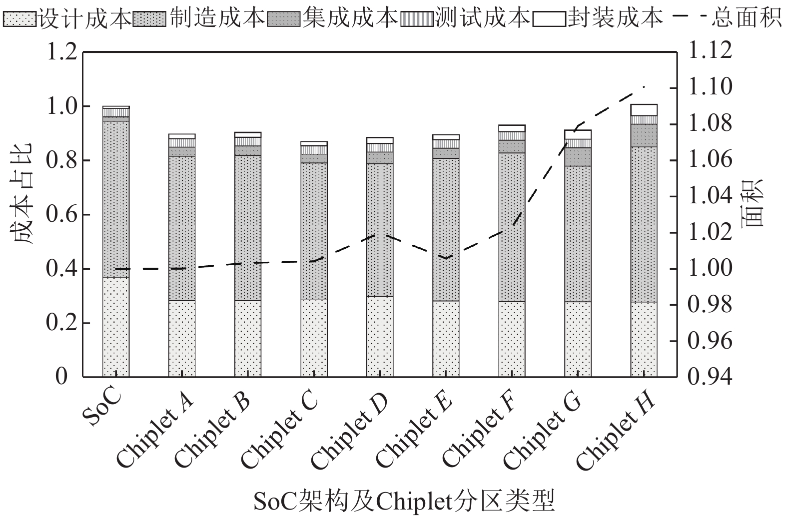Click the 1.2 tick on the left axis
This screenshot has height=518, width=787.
62,52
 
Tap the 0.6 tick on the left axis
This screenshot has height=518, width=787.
62,215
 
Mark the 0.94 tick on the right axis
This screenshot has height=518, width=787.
710,377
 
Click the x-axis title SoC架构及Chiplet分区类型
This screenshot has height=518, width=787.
404,501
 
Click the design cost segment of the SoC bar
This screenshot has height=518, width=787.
116,327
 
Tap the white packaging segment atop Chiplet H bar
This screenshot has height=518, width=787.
644,110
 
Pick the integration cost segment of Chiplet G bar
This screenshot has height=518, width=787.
578,157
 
